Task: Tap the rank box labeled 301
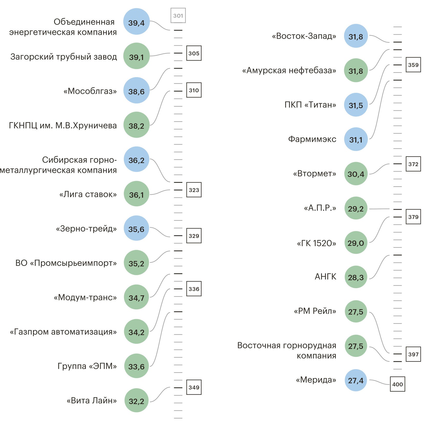point(178,16)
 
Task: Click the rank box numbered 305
point(194,53)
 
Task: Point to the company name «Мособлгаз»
point(90,91)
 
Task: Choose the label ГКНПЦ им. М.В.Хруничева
point(63,126)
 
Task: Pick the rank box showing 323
point(194,190)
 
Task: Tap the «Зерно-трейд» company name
point(86,229)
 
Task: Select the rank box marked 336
point(194,289)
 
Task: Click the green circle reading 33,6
point(136,366)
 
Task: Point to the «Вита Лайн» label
point(92,400)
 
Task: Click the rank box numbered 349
point(194,387)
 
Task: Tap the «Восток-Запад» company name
point(304,36)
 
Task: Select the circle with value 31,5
point(356,105)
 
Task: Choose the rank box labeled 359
point(413,65)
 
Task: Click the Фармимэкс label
point(312,139)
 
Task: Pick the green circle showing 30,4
point(356,174)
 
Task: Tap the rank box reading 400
point(398,384)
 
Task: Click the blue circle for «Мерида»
point(356,380)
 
